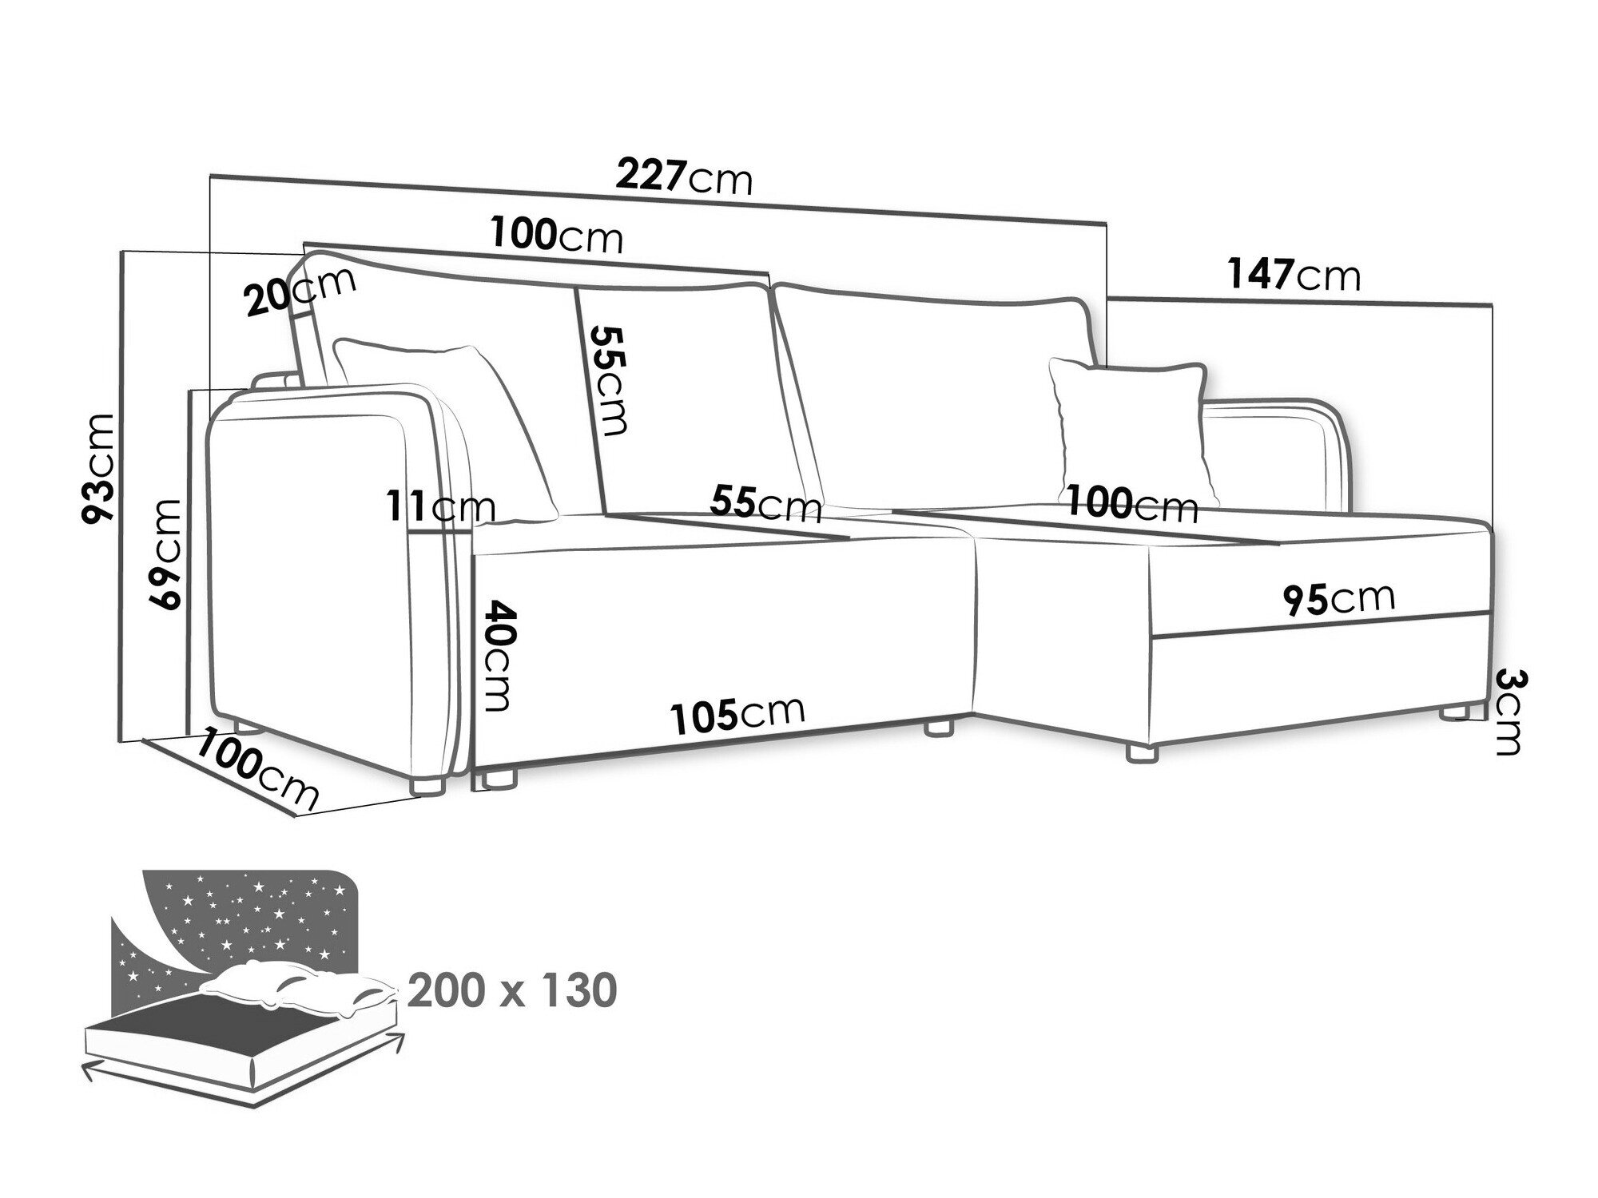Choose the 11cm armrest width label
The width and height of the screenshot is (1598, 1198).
click(441, 506)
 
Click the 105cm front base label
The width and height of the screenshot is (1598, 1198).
click(737, 715)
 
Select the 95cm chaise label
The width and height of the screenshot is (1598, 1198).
click(1339, 598)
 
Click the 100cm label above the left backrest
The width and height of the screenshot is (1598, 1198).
click(556, 236)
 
